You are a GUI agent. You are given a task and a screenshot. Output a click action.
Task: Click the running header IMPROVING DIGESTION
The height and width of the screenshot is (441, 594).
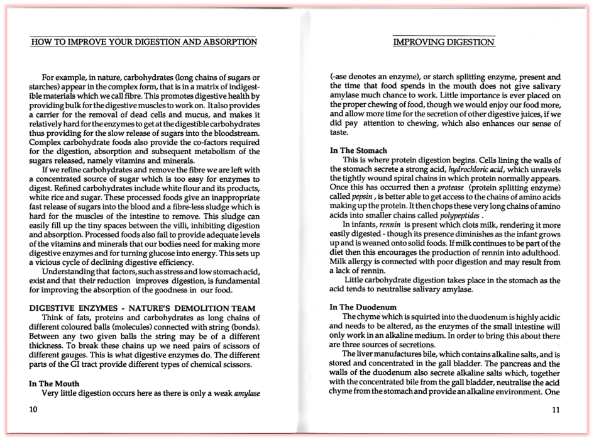444,43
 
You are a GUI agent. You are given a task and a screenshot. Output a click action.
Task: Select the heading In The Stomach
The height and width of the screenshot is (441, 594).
358,151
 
